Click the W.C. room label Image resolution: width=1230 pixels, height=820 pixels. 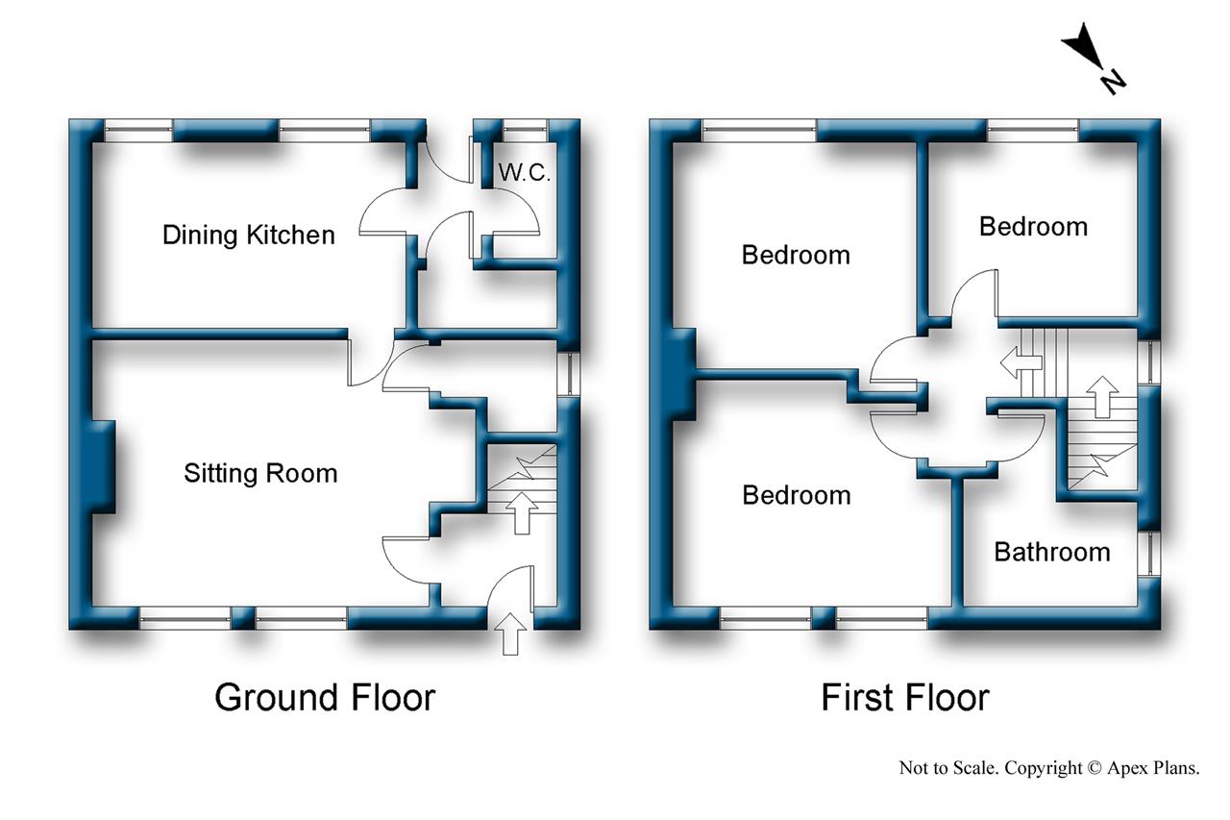pos(524,173)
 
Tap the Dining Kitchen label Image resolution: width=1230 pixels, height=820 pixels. pos(248,235)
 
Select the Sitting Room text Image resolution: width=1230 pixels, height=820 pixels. pos(260,473)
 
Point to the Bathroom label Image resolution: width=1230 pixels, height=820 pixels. pos(1051,552)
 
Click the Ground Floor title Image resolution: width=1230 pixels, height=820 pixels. pos(324,697)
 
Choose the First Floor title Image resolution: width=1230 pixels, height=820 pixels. pos(904,697)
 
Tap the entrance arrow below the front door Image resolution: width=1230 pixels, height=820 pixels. pos(510,634)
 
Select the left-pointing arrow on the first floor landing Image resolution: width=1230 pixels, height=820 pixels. pos(1021,363)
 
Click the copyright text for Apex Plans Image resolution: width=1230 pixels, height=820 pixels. pos(1048,767)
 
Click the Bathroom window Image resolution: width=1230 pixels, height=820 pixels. pos(1147,554)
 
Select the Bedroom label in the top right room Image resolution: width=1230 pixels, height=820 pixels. pos(1033,227)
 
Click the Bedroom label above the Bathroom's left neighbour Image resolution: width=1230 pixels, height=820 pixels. pos(796,495)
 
